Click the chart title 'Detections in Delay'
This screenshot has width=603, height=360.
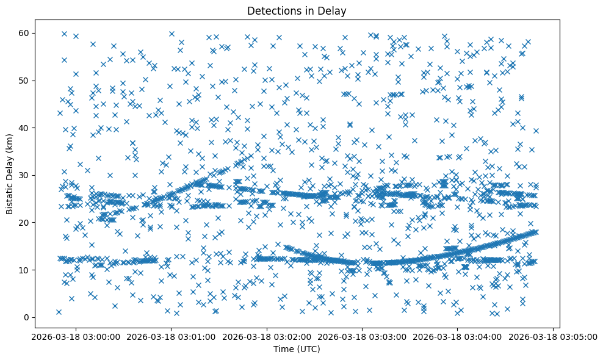(x=296, y=11)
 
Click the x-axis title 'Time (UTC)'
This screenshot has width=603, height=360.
(x=296, y=349)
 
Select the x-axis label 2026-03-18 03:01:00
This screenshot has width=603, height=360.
(x=171, y=336)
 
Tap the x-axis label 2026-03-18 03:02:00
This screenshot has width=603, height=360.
(x=267, y=336)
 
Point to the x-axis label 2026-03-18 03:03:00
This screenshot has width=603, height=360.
(x=362, y=336)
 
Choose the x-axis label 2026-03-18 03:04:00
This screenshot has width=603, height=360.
(x=458, y=336)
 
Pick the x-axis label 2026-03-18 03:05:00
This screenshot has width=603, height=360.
(x=553, y=336)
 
